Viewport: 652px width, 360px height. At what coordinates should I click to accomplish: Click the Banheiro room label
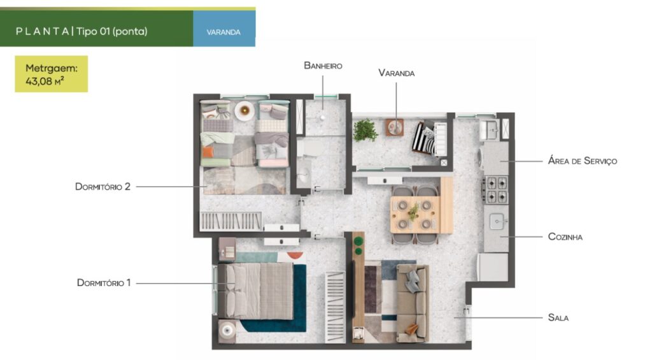tap(323, 66)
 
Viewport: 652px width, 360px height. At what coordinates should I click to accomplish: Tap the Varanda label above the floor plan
tap(396, 73)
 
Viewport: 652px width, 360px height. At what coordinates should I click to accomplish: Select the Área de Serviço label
tap(583, 161)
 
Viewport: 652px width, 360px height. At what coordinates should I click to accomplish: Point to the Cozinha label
tap(565, 237)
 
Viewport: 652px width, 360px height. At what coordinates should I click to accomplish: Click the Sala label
tap(558, 317)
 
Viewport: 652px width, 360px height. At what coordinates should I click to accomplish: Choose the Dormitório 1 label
tap(104, 283)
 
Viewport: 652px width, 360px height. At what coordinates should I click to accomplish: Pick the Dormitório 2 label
tap(103, 187)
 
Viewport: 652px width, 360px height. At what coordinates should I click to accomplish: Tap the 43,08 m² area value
tap(45, 81)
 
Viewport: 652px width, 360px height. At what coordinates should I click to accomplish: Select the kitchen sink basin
tap(497, 221)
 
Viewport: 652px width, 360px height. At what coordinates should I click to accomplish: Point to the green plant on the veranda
tap(365, 131)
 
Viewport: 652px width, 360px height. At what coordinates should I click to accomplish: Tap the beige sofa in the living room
tap(413, 303)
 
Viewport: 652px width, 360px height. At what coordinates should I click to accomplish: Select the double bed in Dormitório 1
tap(256, 291)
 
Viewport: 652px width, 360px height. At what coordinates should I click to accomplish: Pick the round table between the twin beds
tap(244, 111)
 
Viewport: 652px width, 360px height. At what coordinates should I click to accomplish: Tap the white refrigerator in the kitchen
tap(493, 267)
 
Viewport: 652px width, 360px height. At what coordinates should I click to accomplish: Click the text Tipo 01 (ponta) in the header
tap(112, 31)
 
